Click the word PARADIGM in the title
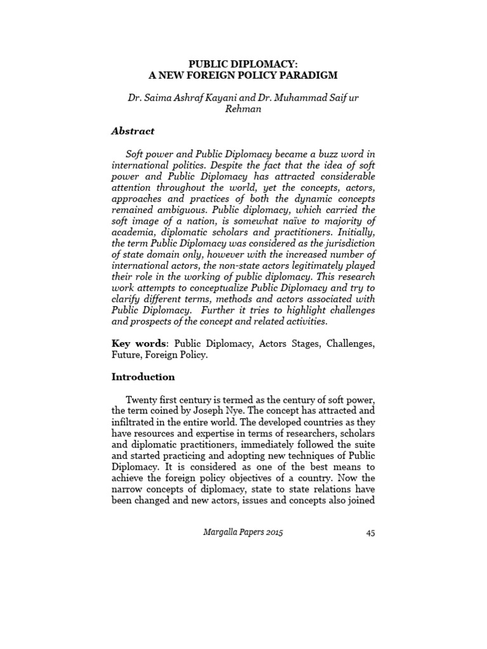click(x=306, y=75)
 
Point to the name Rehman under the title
click(x=243, y=108)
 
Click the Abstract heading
click(x=133, y=131)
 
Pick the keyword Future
click(x=126, y=355)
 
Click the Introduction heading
click(x=143, y=376)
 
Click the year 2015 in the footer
click(x=273, y=532)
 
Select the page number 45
click(x=370, y=533)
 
